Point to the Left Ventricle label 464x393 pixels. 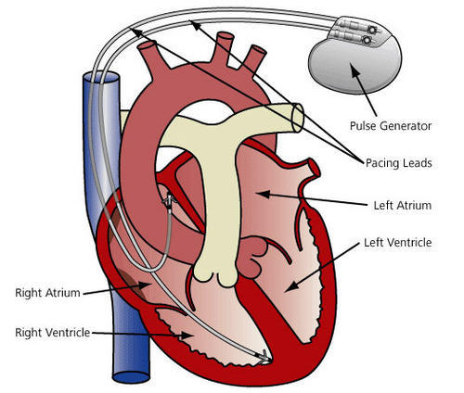click(395, 243)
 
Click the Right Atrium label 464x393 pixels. click(46, 293)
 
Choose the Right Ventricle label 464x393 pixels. click(52, 331)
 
